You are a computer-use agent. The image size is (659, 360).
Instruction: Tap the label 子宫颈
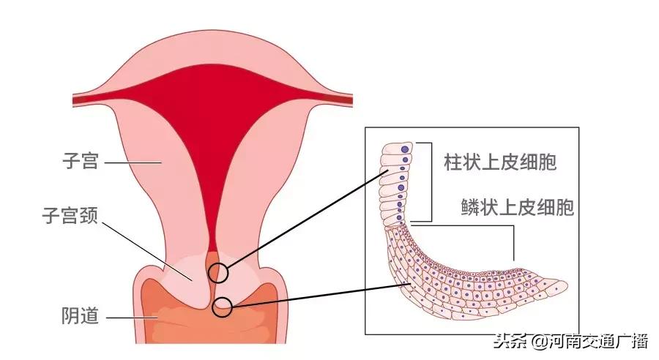71,216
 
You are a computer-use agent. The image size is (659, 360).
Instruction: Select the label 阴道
80,318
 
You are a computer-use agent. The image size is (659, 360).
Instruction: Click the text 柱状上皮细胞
500,162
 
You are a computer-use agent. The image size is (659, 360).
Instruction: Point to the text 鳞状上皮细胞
518,207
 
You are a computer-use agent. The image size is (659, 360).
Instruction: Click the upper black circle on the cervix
217,273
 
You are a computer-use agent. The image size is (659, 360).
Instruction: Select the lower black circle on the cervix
222,308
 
